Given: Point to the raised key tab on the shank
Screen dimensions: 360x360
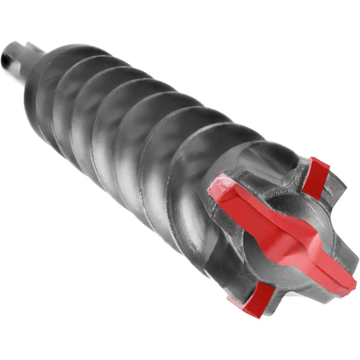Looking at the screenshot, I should tap(31, 46).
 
